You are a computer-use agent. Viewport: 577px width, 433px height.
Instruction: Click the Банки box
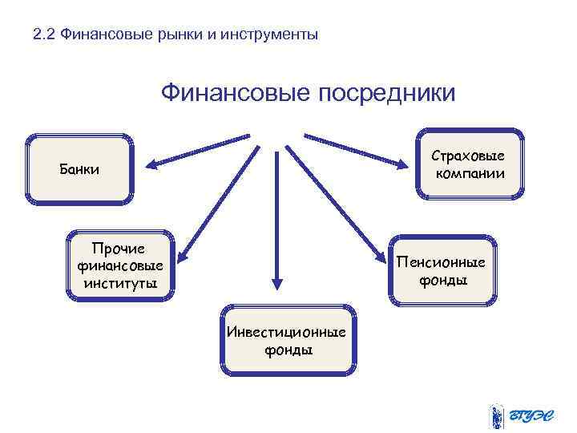click(79, 169)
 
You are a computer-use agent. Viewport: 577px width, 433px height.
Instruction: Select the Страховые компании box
click(470, 164)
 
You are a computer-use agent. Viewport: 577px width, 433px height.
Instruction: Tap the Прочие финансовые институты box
click(120, 265)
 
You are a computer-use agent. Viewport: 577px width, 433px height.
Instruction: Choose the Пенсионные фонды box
click(442, 271)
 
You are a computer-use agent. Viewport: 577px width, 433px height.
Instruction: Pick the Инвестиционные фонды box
click(287, 340)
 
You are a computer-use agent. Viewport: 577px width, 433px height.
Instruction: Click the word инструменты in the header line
click(269, 35)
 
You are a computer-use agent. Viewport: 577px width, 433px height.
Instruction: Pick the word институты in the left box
click(119, 282)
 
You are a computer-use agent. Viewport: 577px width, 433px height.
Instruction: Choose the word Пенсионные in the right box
click(442, 263)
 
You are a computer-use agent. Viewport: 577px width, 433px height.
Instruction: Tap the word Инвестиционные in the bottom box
click(287, 332)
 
